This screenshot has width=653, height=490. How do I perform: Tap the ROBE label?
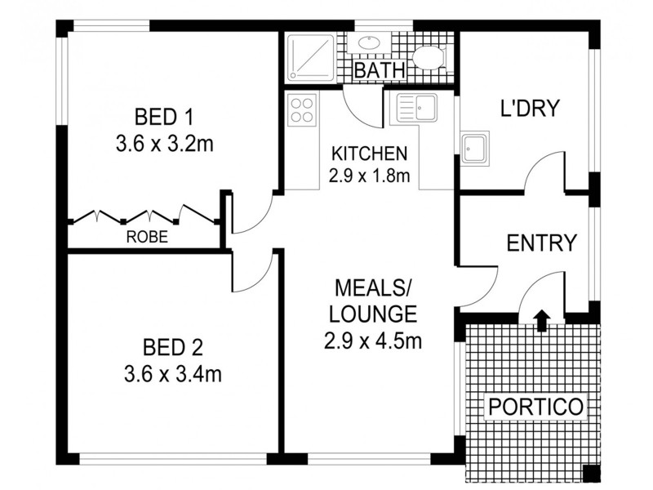click(147, 238)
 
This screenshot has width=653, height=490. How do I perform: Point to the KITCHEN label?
click(368, 154)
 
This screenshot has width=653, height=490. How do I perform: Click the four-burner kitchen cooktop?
click(302, 109)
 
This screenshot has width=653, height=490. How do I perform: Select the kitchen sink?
click(414, 108)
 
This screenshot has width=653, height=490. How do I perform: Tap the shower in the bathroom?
click(310, 56)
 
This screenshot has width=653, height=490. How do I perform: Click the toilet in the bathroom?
click(427, 57)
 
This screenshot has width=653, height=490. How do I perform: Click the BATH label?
click(380, 71)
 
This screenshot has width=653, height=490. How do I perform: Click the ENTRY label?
click(542, 243)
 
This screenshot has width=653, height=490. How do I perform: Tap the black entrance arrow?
click(540, 319)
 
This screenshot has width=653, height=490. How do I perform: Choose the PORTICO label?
click(535, 406)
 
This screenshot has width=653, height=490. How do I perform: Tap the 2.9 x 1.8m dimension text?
click(368, 175)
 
